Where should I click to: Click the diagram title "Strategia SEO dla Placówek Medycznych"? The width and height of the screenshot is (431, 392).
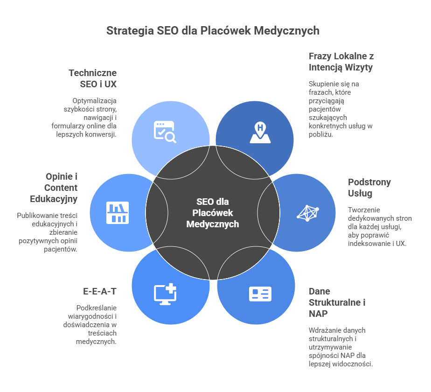(x=213, y=31)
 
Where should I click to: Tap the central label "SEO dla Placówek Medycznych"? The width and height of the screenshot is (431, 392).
(x=212, y=213)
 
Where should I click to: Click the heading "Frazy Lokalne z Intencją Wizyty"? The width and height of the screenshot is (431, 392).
(x=341, y=62)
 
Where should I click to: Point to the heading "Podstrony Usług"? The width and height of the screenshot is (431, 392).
(x=363, y=188)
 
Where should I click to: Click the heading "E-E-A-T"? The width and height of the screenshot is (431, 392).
(x=100, y=292)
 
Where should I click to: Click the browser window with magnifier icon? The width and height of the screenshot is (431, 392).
(x=165, y=132)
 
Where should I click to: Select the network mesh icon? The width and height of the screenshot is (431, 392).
(x=308, y=213)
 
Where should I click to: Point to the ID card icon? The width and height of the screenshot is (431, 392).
(x=260, y=294)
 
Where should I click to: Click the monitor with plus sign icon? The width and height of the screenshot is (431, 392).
(x=165, y=294)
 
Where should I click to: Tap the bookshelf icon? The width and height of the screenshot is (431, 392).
(x=118, y=213)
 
